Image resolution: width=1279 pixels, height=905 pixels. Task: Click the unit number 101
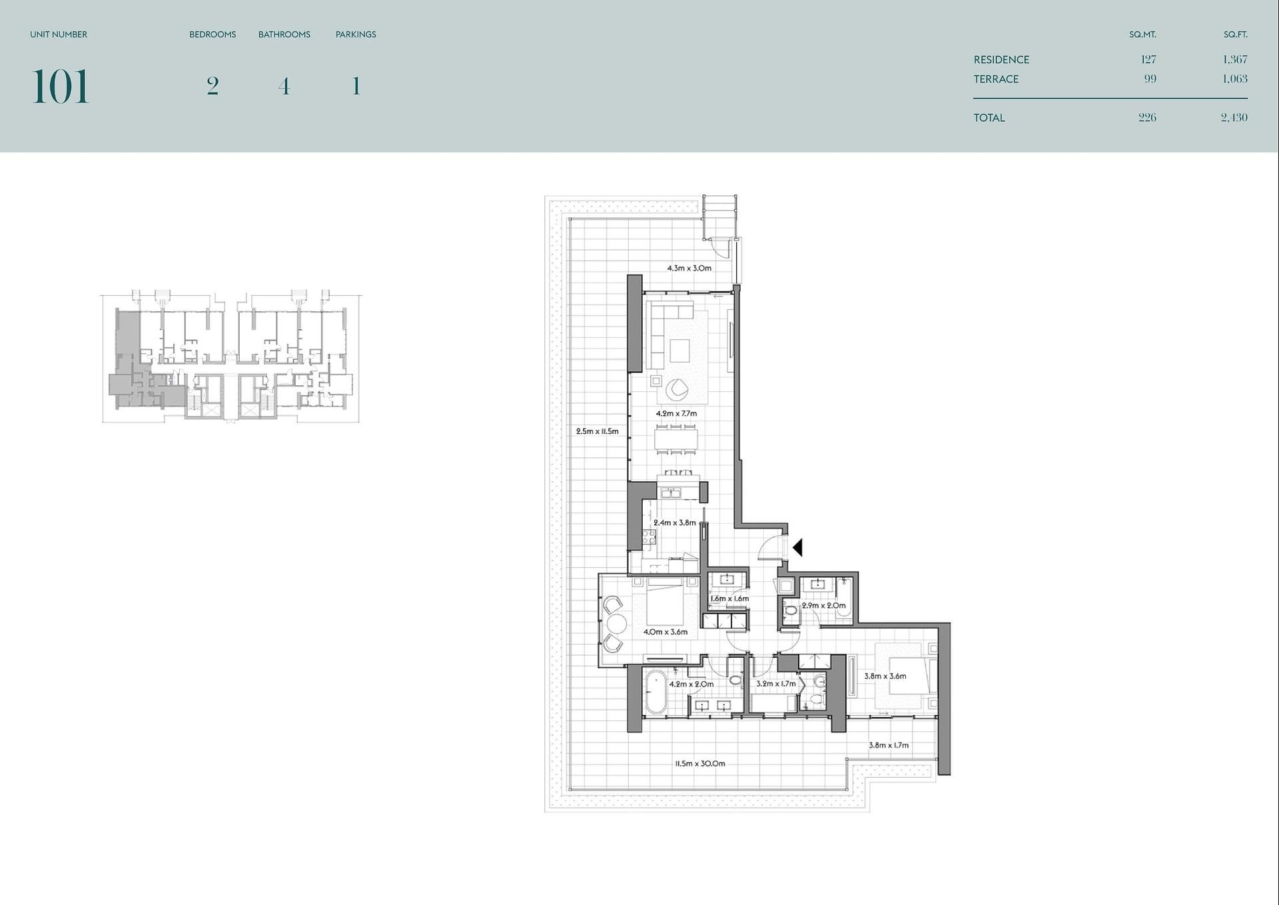[x=60, y=87]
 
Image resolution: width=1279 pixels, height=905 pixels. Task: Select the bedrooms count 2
[x=213, y=86]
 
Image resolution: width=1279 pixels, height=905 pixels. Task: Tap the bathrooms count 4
[x=284, y=86]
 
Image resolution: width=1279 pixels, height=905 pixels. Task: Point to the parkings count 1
[x=356, y=86]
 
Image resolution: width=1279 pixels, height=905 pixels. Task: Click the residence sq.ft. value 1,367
[x=1235, y=59]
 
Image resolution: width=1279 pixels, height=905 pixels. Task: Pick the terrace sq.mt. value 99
[x=1150, y=79]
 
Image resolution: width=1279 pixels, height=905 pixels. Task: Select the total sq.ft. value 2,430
[x=1234, y=117]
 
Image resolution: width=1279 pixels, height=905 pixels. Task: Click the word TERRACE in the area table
[x=996, y=79]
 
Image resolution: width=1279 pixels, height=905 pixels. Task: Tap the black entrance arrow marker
[x=797, y=548]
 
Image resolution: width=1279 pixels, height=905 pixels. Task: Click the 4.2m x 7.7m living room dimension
[x=676, y=413]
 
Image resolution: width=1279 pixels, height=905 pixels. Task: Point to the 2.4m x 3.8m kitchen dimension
[x=674, y=522]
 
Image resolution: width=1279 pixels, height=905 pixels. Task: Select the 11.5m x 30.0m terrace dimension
[x=700, y=763]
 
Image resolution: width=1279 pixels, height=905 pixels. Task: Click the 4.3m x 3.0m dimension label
[x=689, y=268]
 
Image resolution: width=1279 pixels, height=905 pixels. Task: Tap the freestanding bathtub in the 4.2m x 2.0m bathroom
[x=655, y=692]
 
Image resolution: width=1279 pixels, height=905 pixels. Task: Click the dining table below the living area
[x=676, y=439]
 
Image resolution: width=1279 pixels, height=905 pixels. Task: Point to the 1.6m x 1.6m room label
[x=729, y=598]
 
